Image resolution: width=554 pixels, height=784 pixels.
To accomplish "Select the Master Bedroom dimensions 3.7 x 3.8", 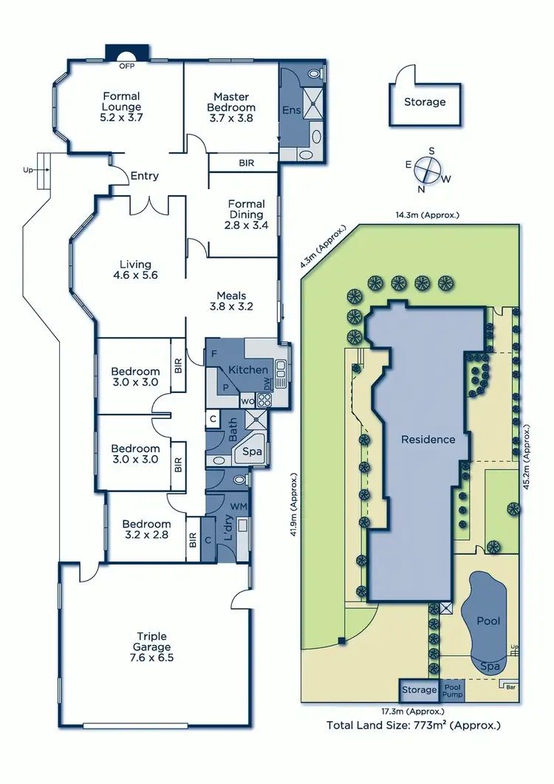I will (x=230, y=118).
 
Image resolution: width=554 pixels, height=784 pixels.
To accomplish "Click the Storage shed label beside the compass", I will (x=425, y=102).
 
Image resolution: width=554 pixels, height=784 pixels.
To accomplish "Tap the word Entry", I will (x=144, y=176).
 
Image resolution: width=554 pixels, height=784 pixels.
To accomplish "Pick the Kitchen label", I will (x=248, y=369).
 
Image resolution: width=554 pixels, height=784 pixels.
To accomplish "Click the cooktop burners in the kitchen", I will (x=264, y=400).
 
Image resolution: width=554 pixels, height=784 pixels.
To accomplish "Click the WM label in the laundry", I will (x=239, y=506).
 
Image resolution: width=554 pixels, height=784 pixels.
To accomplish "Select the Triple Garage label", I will (x=151, y=642).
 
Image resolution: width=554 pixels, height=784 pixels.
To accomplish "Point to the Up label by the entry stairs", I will (x=28, y=170).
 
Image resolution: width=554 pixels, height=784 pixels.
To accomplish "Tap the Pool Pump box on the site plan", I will (x=452, y=690).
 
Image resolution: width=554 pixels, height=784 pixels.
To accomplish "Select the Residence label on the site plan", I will (x=428, y=439).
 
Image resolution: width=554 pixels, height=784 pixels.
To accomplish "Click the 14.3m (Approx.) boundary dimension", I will (x=426, y=215).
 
